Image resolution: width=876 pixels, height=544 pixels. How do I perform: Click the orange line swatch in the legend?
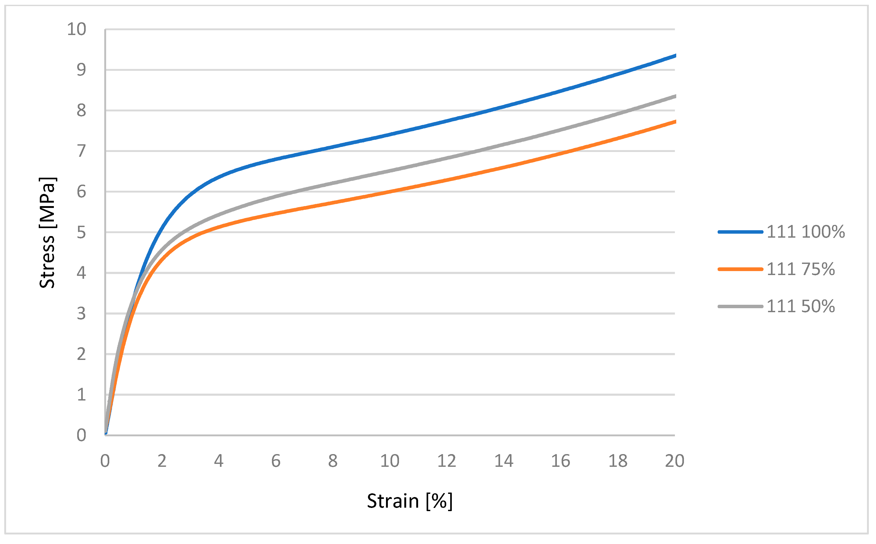coord(740,269)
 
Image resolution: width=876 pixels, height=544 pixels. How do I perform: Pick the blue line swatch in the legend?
coord(740,232)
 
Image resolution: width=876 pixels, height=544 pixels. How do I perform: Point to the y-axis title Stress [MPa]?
coord(47,233)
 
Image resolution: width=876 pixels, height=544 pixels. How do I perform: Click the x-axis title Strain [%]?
coord(409,501)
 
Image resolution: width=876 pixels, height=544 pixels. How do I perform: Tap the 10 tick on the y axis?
coord(77,29)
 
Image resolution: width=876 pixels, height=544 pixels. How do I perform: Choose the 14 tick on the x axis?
coord(504,461)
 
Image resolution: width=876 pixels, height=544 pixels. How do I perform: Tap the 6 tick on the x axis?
coord(276,461)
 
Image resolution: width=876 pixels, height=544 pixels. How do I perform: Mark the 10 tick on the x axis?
coord(390,461)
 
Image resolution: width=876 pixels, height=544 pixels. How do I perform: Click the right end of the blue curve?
coord(675,56)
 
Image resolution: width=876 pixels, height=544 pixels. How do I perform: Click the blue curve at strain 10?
coord(390,134)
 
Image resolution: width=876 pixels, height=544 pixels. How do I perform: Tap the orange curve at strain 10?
coord(390,192)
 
